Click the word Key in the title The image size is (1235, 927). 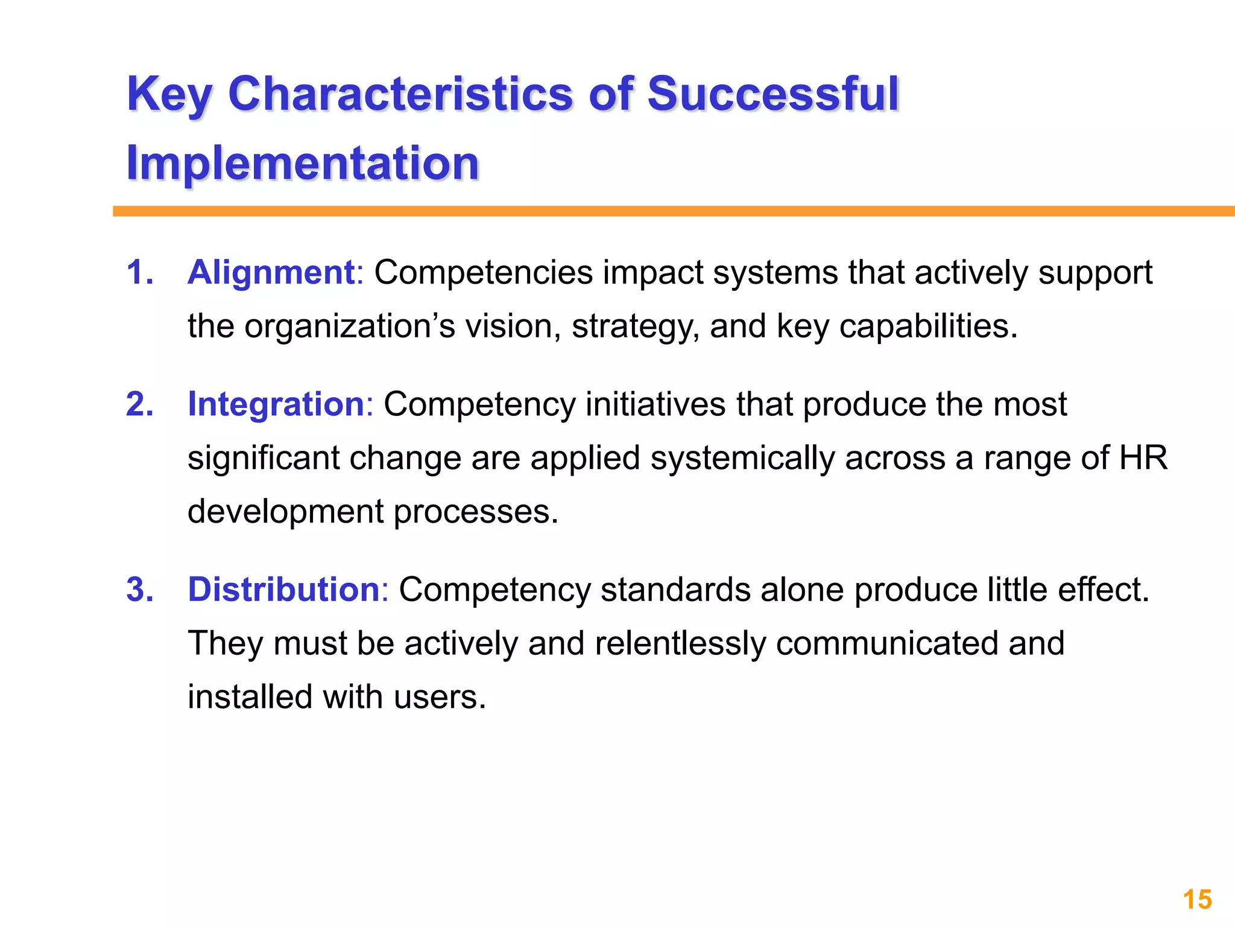tap(169, 95)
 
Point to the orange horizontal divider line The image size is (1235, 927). tap(663, 211)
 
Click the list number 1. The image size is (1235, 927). tap(139, 272)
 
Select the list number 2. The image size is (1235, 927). tap(139, 404)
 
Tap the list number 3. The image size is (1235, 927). tap(139, 590)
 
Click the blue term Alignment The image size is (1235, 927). tap(271, 272)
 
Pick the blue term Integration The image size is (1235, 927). tap(276, 404)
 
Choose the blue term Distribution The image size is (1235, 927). tap(283, 590)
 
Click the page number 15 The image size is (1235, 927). tap(1197, 900)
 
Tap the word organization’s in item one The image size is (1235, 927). tap(349, 327)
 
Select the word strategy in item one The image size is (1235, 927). tap(634, 327)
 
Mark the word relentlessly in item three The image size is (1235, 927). tap(680, 643)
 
